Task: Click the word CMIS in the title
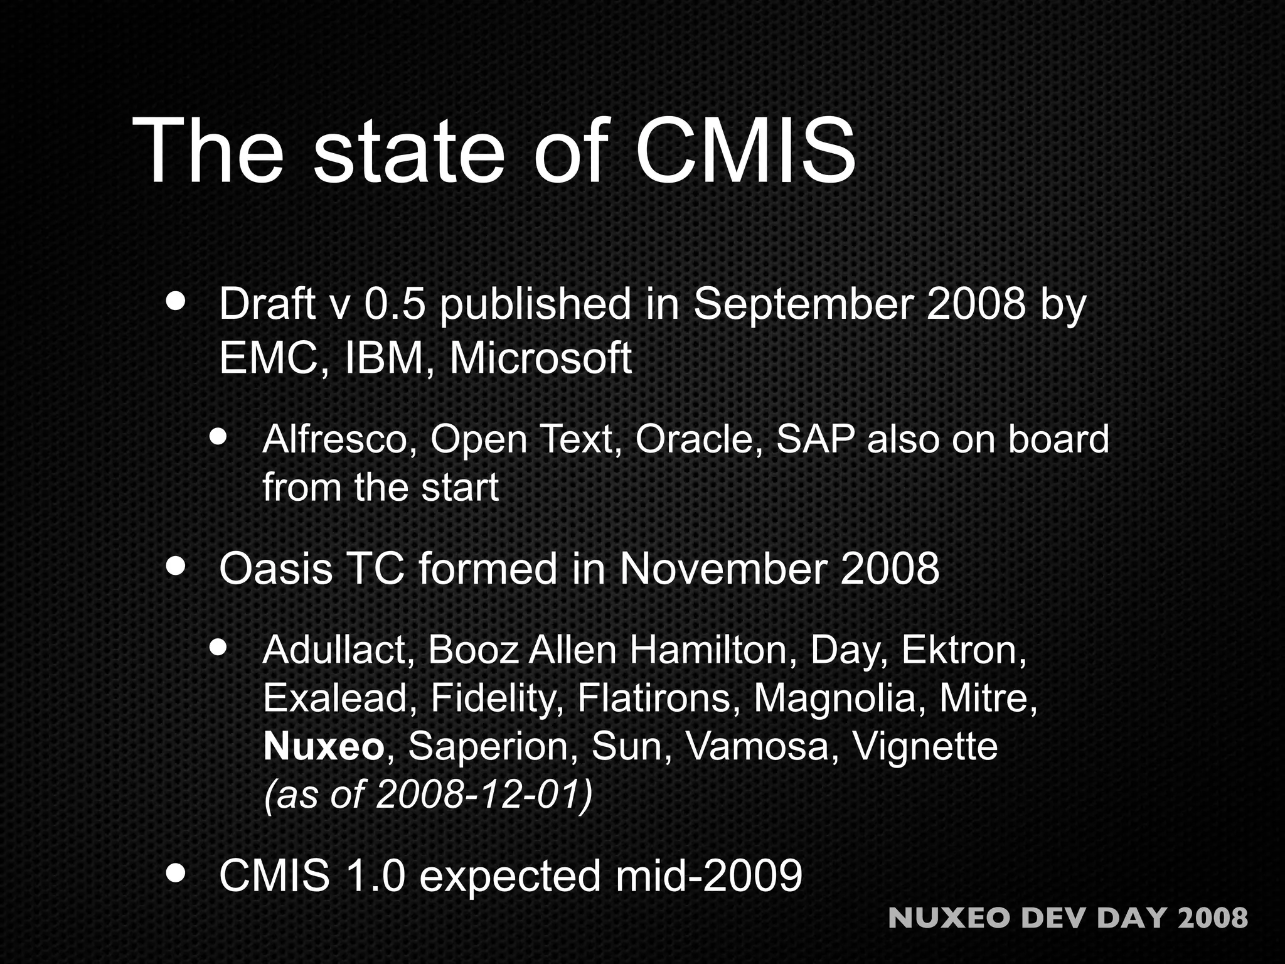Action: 745,152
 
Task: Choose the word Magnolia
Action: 834,699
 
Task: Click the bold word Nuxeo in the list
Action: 323,747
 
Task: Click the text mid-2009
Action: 708,876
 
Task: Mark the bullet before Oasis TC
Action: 176,567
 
